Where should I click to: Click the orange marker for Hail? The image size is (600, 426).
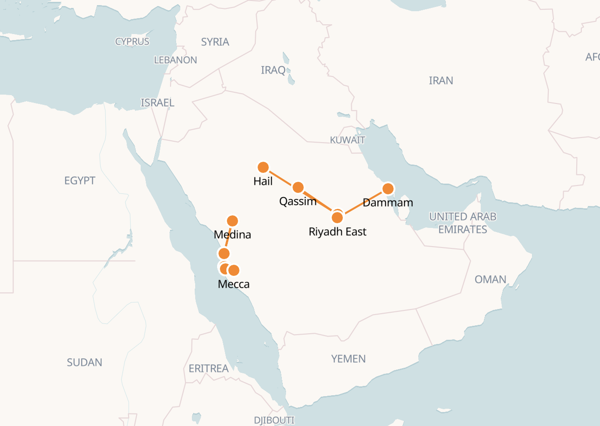click(263, 167)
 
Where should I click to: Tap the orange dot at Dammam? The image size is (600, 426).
click(388, 188)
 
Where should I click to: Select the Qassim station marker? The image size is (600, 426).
click(298, 187)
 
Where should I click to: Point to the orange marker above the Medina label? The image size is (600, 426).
click(232, 220)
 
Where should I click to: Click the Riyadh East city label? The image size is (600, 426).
click(337, 232)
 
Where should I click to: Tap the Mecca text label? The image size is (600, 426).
click(233, 284)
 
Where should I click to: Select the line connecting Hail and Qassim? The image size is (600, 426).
click(280, 177)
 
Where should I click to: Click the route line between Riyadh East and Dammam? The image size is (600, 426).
click(363, 203)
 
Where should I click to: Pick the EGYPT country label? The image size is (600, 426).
click(80, 180)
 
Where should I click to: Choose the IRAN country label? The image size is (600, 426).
click(441, 81)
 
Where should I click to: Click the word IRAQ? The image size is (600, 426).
click(273, 70)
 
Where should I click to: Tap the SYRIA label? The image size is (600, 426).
click(215, 42)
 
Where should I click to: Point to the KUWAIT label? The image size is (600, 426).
click(348, 140)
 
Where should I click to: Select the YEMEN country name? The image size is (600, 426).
click(348, 358)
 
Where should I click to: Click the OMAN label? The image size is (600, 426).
click(490, 279)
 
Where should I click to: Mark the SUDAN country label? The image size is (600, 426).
click(84, 362)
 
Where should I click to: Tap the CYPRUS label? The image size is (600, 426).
click(132, 41)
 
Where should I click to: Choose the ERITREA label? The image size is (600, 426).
click(208, 368)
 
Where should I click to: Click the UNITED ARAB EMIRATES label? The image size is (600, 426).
click(463, 223)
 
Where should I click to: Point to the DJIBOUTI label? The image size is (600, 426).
click(274, 420)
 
